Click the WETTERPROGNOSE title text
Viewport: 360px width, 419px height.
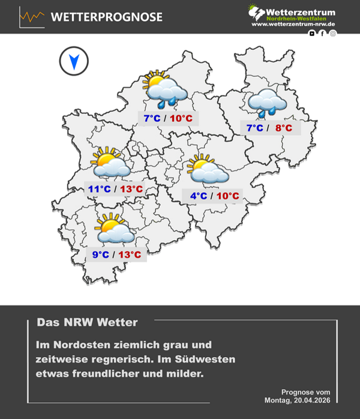tap(106, 17)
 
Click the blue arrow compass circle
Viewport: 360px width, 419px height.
tap(74, 61)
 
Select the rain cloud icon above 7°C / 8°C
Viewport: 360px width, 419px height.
tap(268, 103)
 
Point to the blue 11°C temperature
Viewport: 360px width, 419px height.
tap(100, 190)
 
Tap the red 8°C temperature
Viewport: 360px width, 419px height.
tap(283, 128)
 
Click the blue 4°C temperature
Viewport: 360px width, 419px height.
tap(199, 196)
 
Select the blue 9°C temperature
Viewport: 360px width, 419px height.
tap(101, 255)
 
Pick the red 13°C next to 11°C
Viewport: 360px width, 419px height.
tap(131, 190)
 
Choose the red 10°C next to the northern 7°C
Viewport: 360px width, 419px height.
tap(181, 118)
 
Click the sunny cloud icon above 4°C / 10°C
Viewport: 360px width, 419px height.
tap(207, 169)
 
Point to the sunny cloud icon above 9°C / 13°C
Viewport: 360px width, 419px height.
tap(114, 229)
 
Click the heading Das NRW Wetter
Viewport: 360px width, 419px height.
tap(88, 322)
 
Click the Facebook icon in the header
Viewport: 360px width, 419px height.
tap(323, 33)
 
